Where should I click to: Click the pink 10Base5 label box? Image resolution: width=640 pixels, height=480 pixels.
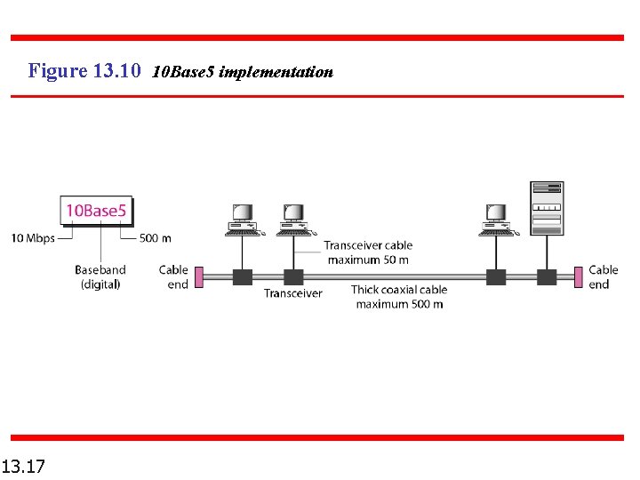click(x=96, y=211)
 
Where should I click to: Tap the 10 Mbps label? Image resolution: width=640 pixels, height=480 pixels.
click(x=32, y=238)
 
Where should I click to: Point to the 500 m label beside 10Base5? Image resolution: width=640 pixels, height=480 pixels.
click(x=156, y=238)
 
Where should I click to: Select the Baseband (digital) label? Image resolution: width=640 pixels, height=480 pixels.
click(x=100, y=276)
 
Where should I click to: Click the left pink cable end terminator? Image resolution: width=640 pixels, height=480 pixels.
click(x=199, y=276)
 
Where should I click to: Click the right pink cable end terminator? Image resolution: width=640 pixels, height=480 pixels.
click(x=579, y=276)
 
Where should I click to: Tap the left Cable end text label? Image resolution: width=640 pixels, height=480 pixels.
click(x=173, y=276)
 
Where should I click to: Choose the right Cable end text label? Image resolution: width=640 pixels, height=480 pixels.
click(x=603, y=276)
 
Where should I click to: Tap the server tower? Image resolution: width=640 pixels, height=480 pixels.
click(x=547, y=208)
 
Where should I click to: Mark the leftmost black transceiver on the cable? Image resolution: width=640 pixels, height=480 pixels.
click(x=243, y=276)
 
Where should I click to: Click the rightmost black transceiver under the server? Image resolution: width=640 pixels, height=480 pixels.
click(x=547, y=276)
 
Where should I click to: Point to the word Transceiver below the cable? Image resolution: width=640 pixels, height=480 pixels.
click(x=292, y=293)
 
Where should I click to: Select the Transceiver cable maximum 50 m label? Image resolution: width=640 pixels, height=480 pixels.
click(x=368, y=252)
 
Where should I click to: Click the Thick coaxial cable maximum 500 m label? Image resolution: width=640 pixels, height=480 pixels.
click(x=399, y=297)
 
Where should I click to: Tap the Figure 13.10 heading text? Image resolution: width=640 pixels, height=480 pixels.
click(x=84, y=71)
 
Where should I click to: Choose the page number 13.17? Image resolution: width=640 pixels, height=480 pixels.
click(x=24, y=465)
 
